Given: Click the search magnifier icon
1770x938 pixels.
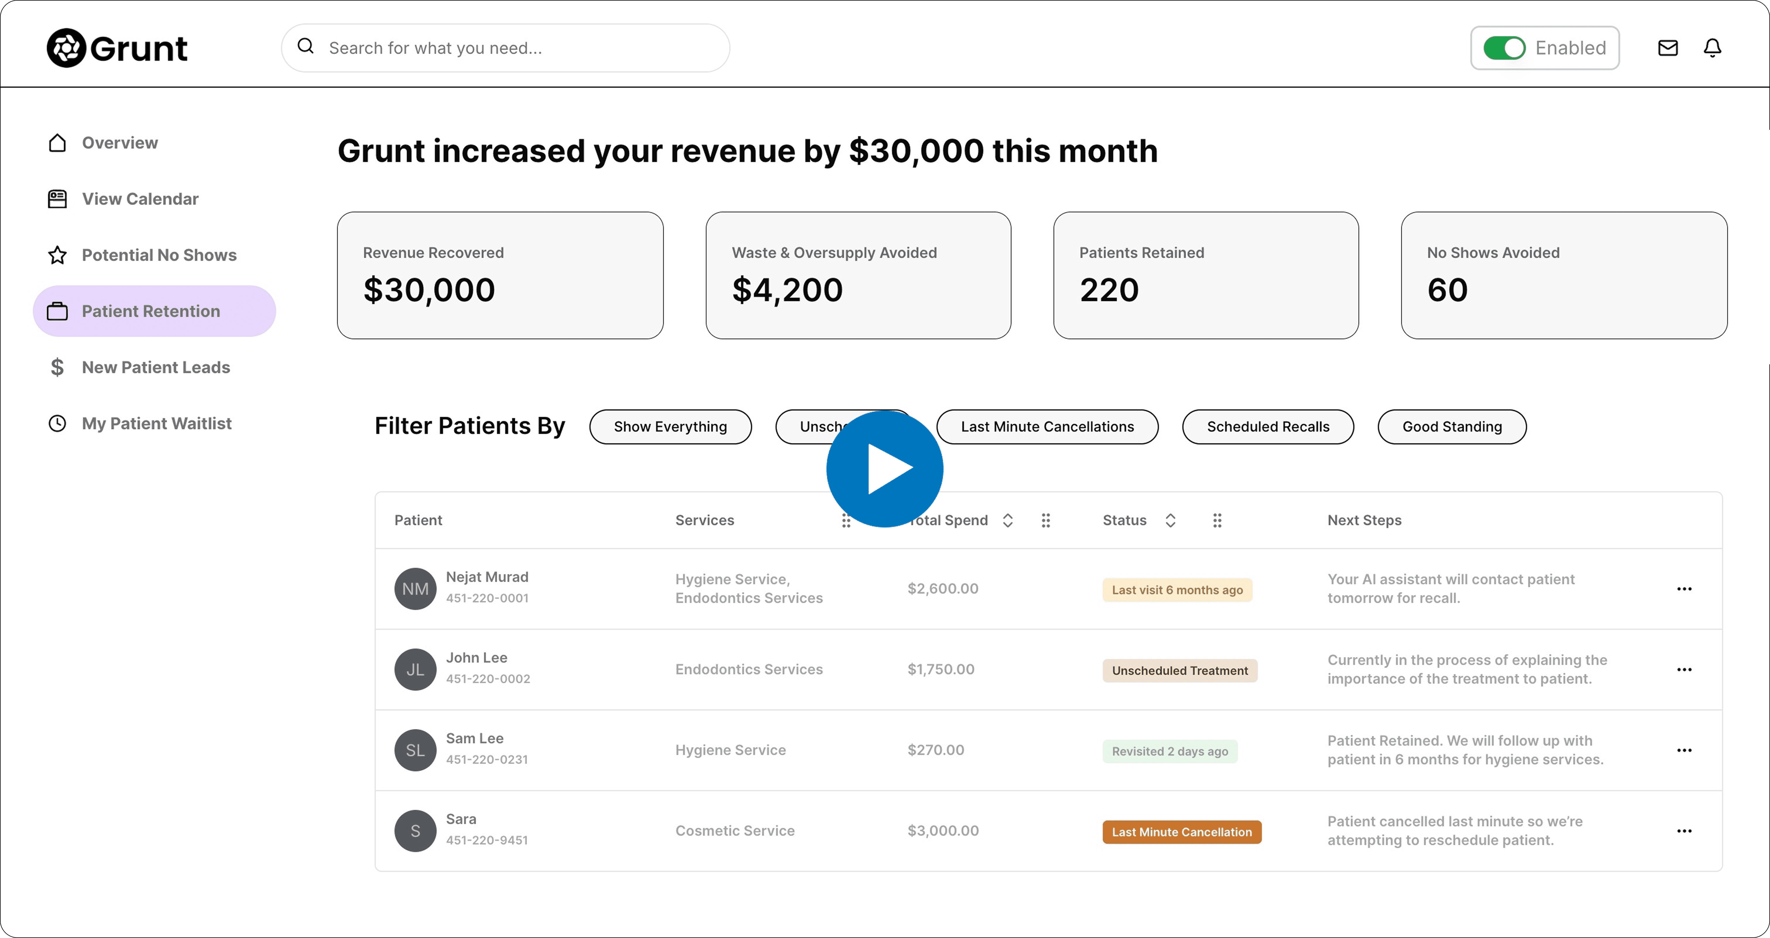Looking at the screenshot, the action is (x=306, y=47).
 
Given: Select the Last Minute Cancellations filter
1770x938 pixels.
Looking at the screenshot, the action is (x=1047, y=426).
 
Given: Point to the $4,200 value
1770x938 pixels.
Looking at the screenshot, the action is (x=788, y=290).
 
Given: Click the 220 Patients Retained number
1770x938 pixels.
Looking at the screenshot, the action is (x=1109, y=290).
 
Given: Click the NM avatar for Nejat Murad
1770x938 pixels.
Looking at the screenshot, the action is (x=415, y=589).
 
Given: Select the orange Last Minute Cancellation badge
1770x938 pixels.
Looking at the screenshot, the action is (x=1182, y=832).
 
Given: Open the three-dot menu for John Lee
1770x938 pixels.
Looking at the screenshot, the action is (x=1684, y=670).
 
